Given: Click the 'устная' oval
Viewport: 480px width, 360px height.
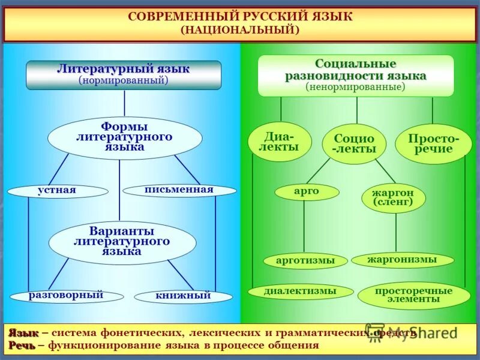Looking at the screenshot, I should click(x=58, y=191).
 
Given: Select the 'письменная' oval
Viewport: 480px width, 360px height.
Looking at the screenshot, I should click(x=178, y=190).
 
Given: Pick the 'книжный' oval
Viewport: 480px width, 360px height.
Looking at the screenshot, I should click(x=183, y=296).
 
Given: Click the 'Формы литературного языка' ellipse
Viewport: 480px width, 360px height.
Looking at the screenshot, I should click(x=124, y=137).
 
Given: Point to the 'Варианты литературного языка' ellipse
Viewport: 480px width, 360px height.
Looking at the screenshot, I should click(x=122, y=242).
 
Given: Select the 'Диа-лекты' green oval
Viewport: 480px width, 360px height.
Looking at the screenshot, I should click(x=279, y=142).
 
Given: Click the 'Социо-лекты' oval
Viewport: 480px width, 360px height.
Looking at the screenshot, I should click(x=354, y=144).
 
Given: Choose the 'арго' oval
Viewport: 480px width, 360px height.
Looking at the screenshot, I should click(x=307, y=191).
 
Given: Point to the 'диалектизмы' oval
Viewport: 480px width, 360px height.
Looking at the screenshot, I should click(x=301, y=292).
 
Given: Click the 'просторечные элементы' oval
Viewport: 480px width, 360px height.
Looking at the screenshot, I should click(x=413, y=295).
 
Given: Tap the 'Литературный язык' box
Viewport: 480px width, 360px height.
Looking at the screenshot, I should click(x=124, y=74).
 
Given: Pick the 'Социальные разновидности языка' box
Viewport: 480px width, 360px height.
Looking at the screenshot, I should click(x=355, y=76).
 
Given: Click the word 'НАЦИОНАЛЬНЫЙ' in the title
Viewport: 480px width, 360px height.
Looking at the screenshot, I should click(x=240, y=29).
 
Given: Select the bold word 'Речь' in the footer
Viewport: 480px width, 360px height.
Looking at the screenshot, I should click(x=22, y=345).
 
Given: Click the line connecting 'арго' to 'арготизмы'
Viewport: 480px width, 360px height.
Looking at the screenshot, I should click(x=304, y=227).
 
